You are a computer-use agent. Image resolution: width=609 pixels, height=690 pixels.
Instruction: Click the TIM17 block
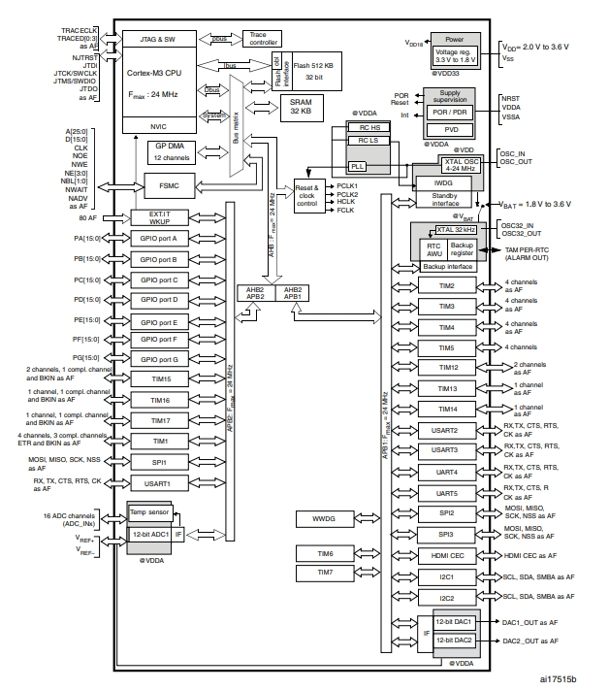click(161, 420)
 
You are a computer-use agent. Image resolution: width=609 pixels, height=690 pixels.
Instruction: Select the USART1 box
click(161, 482)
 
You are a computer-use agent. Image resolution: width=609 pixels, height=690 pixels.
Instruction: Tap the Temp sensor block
click(150, 510)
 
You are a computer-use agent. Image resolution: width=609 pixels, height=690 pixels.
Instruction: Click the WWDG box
click(323, 519)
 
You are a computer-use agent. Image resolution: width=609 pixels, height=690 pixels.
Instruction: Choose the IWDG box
click(442, 181)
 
